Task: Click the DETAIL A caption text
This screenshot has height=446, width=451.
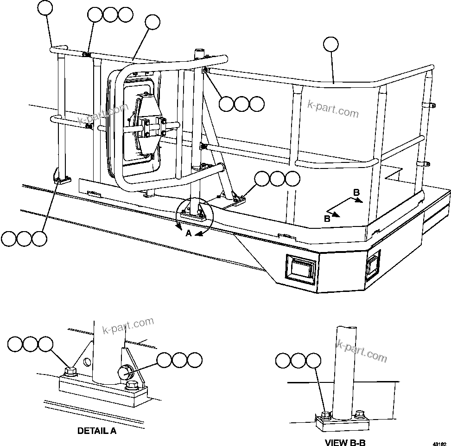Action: [96, 431]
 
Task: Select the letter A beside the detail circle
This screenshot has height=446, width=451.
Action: [189, 234]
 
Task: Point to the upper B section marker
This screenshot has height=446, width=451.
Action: [356, 192]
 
